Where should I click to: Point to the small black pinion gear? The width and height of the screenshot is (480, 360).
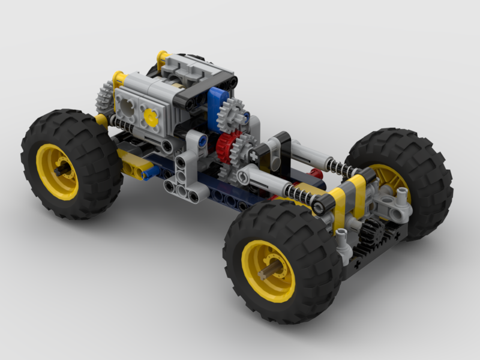coord(373,230)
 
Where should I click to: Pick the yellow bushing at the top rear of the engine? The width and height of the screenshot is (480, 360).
coord(162,58)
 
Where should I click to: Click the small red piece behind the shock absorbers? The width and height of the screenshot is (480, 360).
coord(316,174)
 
